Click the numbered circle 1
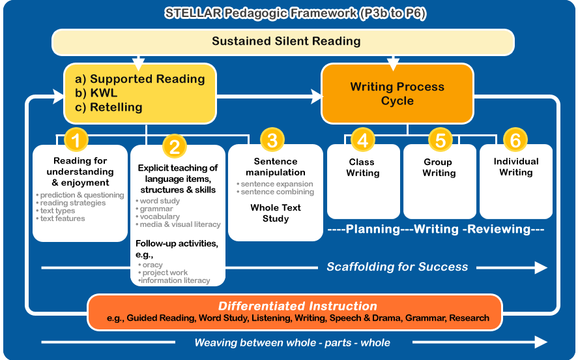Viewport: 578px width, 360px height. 76,140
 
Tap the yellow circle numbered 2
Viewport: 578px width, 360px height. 175,147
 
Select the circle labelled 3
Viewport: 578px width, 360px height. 272,140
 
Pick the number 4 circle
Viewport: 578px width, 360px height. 363,140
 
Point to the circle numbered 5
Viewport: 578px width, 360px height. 440,140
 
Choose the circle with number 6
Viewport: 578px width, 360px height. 515,140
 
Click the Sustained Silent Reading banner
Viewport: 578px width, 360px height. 283,42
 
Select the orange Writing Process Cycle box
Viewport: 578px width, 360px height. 397,94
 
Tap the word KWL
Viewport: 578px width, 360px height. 104,93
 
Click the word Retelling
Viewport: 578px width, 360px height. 116,107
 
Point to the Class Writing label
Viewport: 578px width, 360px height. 362,168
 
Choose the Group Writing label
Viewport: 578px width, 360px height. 439,168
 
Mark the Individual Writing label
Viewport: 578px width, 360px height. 516,167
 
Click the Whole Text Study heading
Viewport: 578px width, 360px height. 276,213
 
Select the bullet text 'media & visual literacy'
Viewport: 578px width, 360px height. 181,224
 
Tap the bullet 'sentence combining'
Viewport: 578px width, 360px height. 278,192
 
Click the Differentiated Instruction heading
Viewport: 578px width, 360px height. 298,306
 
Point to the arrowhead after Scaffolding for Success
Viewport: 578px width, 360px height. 541,267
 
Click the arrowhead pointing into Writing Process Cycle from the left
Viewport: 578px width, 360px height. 317,97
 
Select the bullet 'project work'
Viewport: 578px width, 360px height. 165,273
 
